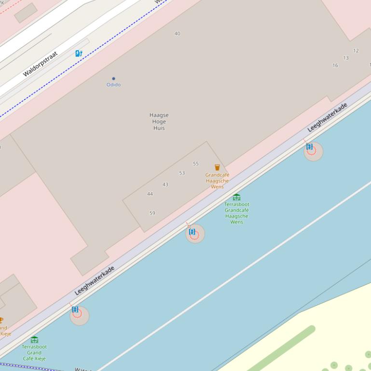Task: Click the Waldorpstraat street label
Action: pos(40,64)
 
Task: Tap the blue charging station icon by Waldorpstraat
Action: pos(79,53)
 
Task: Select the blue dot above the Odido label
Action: pos(113,79)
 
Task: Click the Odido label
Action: pos(113,85)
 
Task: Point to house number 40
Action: pos(177,34)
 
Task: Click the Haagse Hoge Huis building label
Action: pos(159,121)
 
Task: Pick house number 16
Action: pos(335,66)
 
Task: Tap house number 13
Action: pos(346,58)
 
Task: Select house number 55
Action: pos(195,164)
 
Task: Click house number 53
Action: pos(182,173)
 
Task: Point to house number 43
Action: pos(165,185)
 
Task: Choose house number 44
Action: pos(150,194)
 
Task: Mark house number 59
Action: pos(152,213)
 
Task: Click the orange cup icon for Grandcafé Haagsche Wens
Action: pos(217,168)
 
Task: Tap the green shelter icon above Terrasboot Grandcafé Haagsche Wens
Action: pos(236,198)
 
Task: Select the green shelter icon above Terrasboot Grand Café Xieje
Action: pos(34,340)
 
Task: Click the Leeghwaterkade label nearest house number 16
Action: pos(328,117)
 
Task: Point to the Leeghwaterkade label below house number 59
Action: pos(95,280)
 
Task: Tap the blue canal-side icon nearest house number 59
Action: pos(192,232)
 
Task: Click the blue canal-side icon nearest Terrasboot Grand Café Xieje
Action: pos(75,309)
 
